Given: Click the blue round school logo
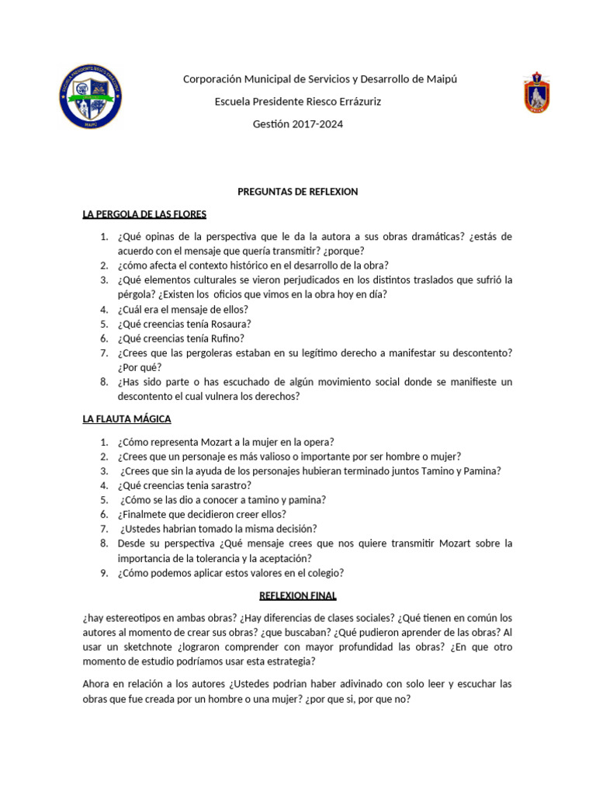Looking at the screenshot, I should (x=90, y=97).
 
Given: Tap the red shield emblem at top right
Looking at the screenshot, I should (x=536, y=93).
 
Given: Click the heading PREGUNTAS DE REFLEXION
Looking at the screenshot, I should (x=297, y=192).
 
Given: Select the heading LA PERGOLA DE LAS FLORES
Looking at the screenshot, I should (x=144, y=214).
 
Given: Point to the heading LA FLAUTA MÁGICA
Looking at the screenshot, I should (x=126, y=419).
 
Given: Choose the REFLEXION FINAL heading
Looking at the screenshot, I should (x=297, y=595).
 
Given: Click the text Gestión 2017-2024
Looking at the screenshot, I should (x=298, y=124).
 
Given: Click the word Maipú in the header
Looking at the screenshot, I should (x=451, y=79).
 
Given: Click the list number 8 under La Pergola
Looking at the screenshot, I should (x=104, y=382).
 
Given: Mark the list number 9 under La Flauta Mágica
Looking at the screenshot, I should (x=104, y=574).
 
